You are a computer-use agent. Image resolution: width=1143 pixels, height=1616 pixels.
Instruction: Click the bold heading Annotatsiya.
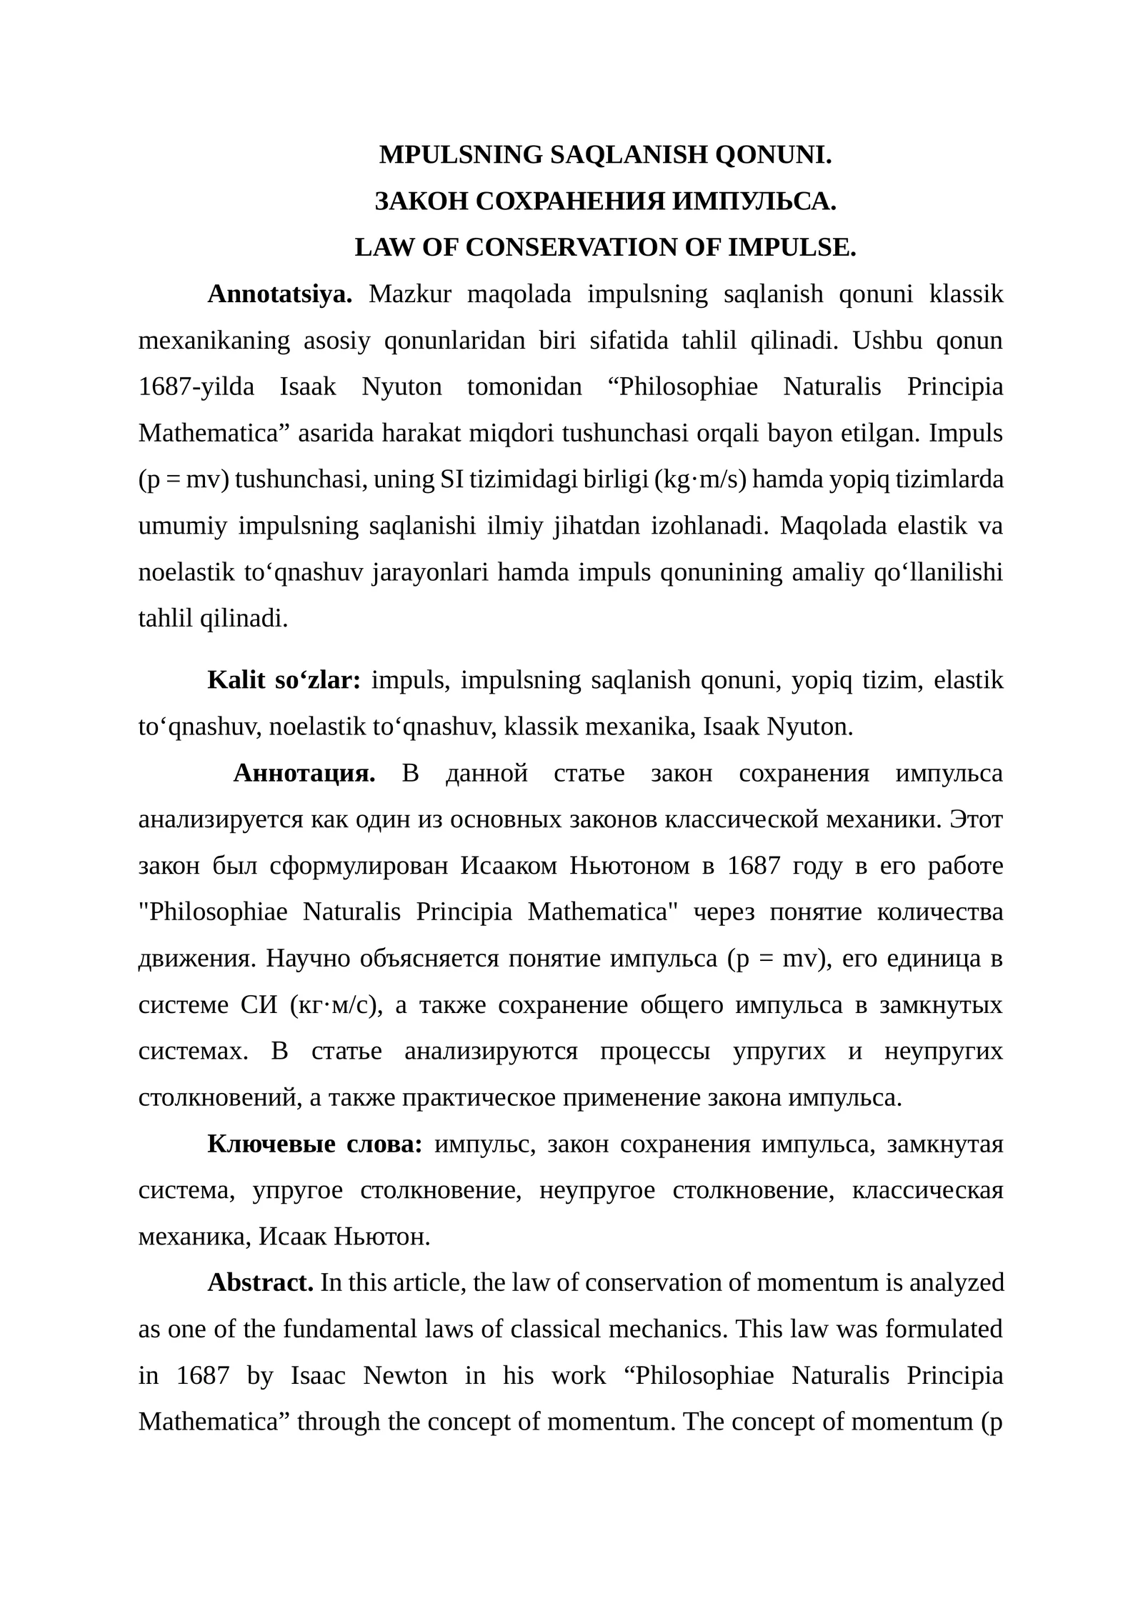(x=279, y=294)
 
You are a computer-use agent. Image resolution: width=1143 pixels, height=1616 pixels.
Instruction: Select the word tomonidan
(x=524, y=386)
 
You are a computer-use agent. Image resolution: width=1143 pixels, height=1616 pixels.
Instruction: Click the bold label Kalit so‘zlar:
(x=284, y=679)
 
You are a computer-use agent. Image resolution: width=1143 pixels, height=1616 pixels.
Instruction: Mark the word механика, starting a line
(x=194, y=1236)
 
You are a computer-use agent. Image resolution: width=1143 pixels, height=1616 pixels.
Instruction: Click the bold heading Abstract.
(x=260, y=1282)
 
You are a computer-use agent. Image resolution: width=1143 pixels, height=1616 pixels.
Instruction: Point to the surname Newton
(x=405, y=1375)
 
